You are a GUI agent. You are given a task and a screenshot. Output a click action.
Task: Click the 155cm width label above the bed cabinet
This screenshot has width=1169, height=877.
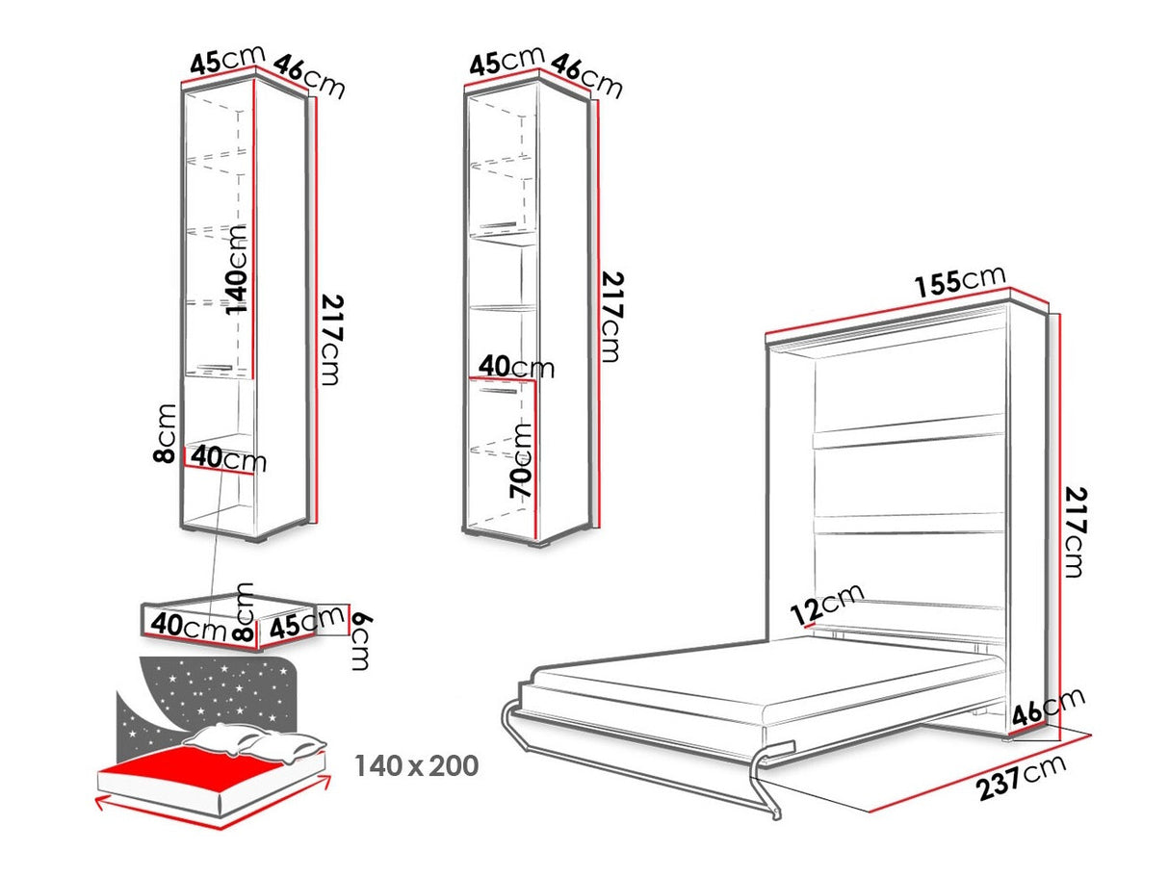960,280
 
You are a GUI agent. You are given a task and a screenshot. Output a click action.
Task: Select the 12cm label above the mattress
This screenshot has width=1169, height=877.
826,604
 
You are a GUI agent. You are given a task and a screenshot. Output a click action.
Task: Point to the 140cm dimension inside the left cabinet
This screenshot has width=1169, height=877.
236,270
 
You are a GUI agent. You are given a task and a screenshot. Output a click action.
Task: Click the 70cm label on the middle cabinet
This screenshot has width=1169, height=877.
521,461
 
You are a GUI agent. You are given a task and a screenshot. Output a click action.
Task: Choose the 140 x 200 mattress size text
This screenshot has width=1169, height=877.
417,765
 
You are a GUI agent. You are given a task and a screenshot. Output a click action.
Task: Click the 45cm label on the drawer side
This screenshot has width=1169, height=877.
306,622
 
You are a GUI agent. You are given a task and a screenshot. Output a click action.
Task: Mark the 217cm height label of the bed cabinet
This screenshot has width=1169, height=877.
1075,531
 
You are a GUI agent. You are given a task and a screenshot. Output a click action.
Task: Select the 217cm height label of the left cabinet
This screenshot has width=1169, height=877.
332,340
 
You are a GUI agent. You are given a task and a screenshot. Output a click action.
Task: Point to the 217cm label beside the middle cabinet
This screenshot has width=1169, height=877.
612,317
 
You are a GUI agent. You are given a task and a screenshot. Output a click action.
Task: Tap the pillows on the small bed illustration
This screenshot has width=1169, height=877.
254,742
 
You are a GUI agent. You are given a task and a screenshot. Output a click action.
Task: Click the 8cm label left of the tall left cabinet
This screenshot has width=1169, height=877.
164,433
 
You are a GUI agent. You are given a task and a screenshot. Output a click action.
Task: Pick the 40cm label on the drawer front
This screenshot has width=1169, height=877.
189,627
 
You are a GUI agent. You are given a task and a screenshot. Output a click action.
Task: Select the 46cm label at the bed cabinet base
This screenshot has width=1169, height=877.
1048,708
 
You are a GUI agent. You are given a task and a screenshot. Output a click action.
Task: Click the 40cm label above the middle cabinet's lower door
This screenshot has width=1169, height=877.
516,367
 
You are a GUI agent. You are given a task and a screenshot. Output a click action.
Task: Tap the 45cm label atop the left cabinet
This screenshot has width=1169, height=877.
227,59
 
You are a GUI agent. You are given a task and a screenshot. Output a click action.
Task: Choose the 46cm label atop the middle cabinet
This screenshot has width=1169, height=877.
586,76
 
